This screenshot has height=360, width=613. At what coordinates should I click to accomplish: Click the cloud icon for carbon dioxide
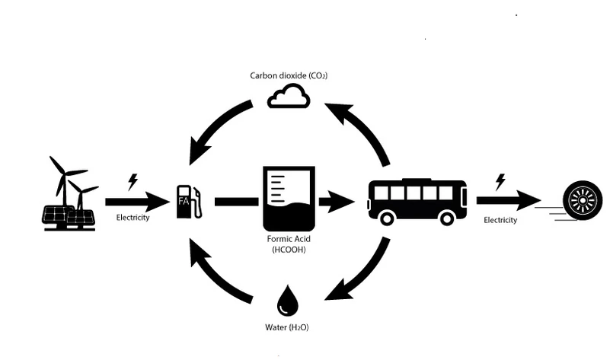289,97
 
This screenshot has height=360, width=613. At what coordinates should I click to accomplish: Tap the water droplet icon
288,301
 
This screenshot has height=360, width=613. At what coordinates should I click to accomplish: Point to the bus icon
417,202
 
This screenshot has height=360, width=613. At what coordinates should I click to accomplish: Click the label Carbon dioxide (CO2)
289,76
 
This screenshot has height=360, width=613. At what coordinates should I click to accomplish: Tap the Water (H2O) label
288,327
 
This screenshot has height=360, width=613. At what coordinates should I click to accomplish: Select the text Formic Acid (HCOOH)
288,244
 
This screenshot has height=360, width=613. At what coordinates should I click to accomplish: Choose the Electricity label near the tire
500,220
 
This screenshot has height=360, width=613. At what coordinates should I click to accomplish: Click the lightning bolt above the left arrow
133,181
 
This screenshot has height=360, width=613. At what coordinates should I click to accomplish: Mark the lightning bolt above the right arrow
500,181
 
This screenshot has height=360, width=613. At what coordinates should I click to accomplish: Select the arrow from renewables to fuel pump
136,202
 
